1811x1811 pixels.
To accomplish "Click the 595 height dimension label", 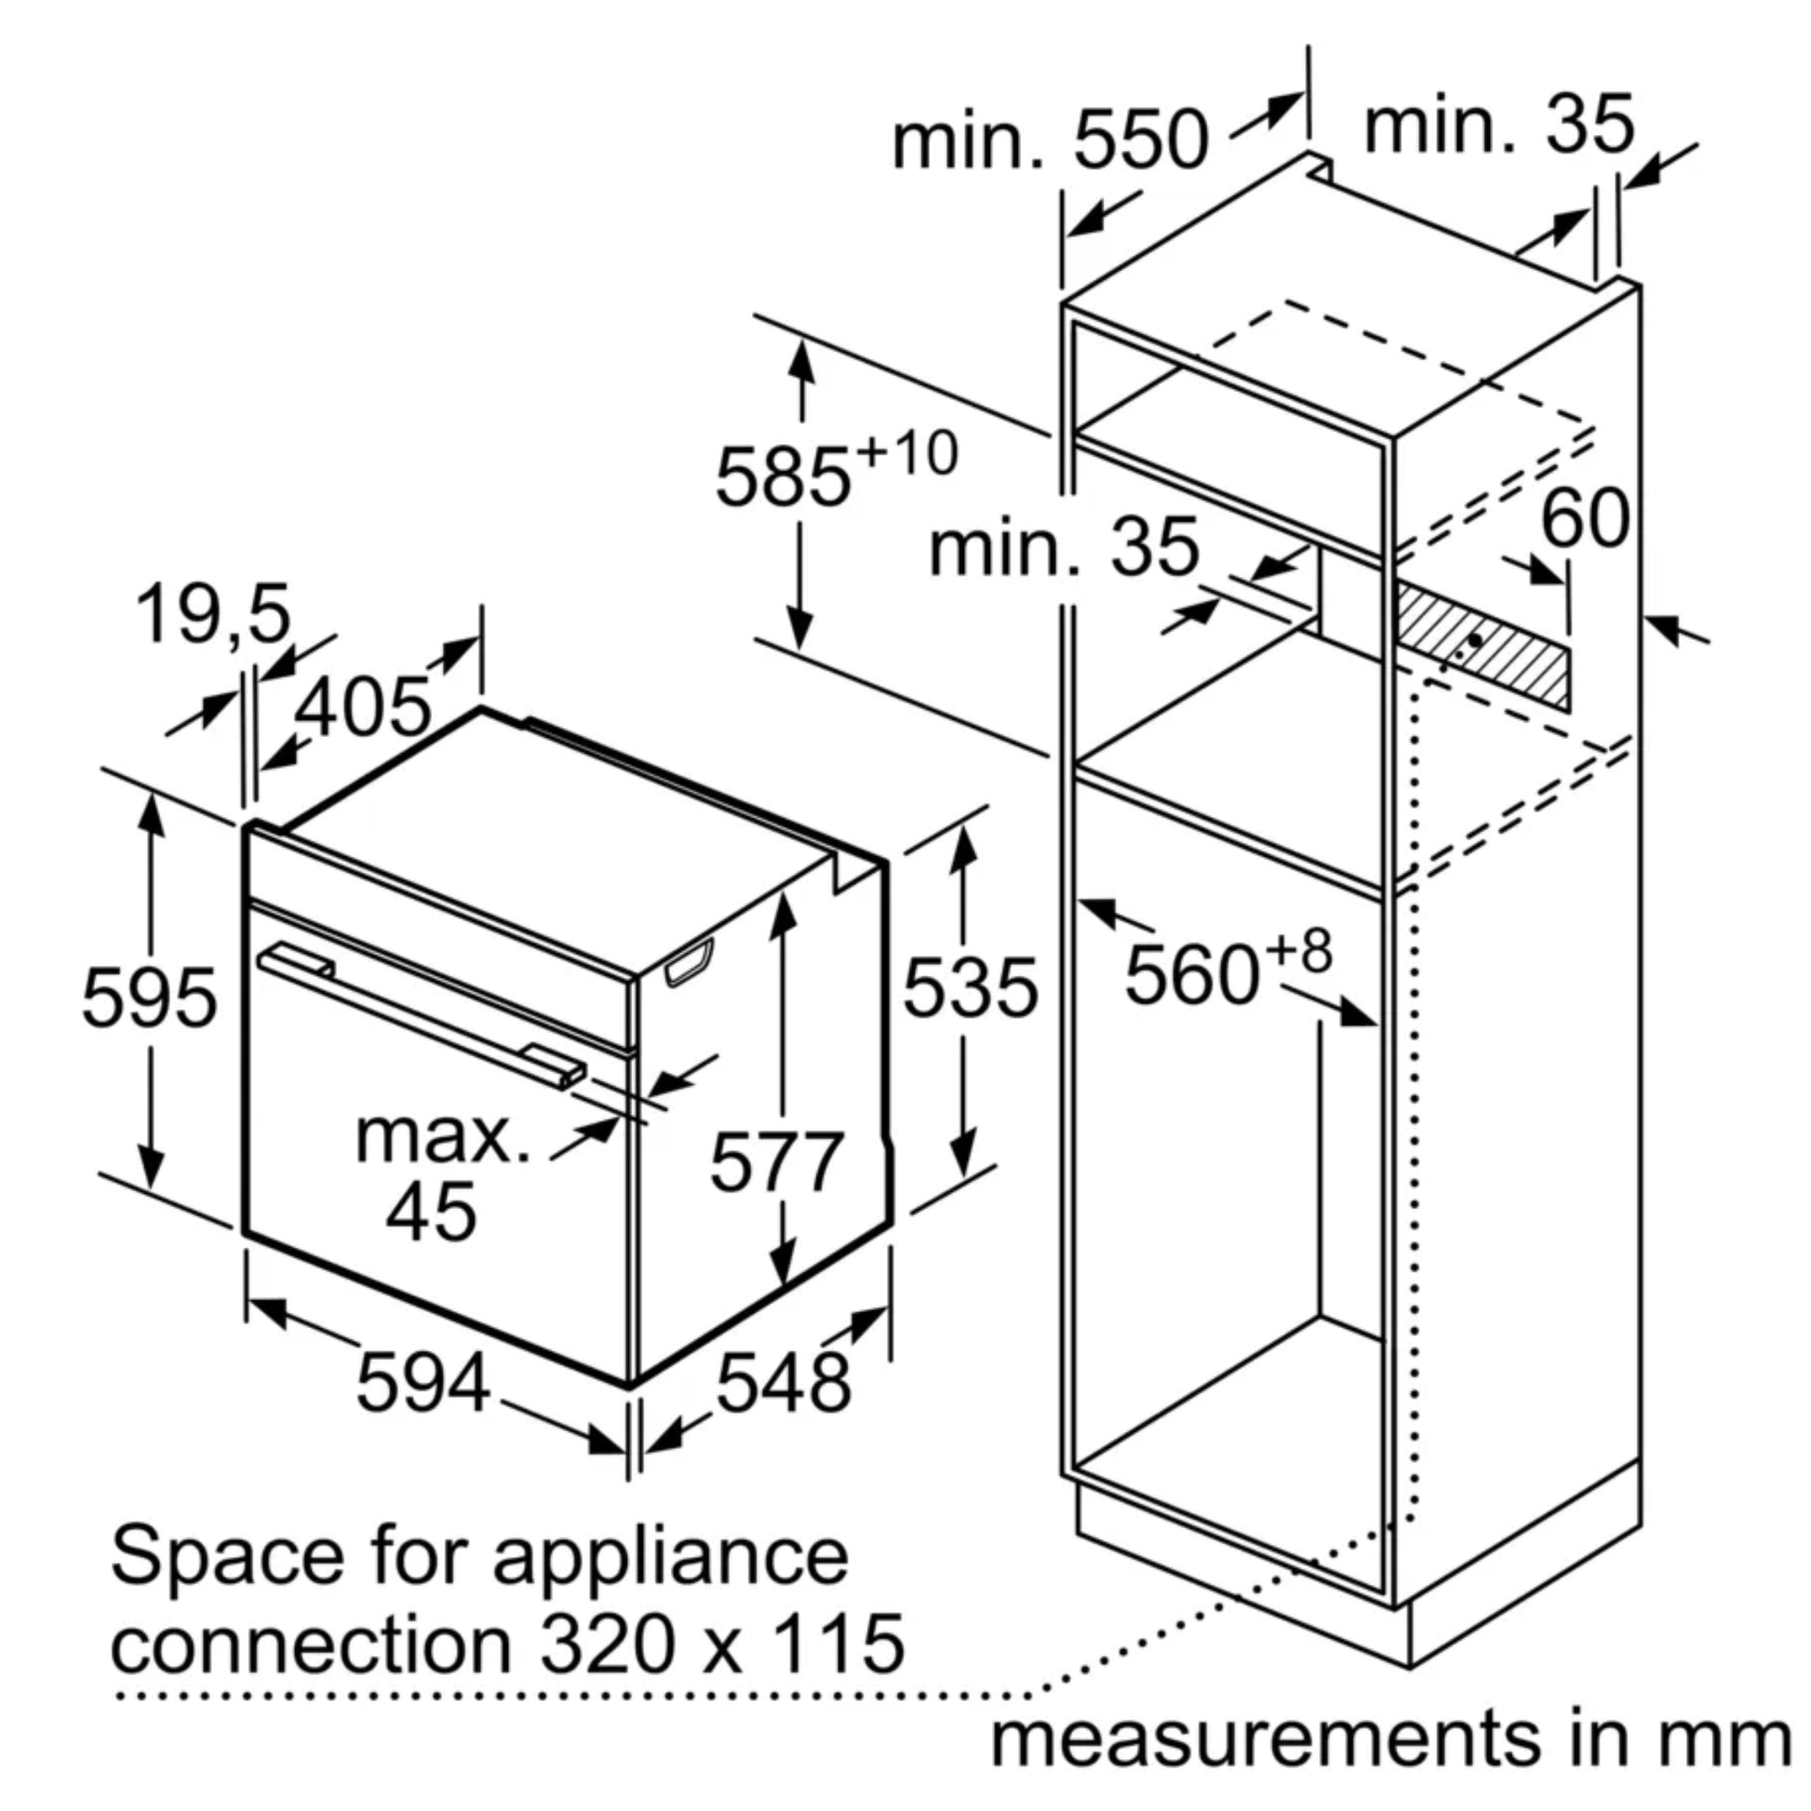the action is coord(150,997).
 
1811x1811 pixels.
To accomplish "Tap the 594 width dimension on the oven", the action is coord(423,1382).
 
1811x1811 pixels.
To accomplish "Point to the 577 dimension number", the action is coord(777,1161).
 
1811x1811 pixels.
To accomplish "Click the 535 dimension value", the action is coord(970,986).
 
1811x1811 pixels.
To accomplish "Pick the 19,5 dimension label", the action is coord(214,615).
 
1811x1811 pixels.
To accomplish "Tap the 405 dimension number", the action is coord(363,704).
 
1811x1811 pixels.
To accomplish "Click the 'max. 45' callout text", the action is coord(440,1175).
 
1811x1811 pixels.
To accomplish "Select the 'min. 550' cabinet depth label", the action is coord(1050,140).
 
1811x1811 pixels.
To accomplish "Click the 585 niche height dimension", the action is coord(784,477).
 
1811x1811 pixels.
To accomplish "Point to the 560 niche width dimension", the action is coord(1191,976).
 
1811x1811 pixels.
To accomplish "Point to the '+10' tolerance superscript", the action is coord(906,452).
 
